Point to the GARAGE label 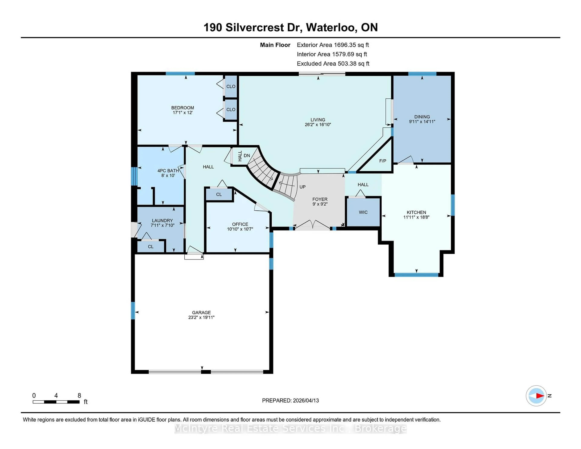201,313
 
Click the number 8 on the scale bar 79,396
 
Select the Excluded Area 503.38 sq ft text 333,64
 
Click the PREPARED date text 290,401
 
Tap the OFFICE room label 240,224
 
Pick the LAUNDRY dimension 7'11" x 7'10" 162,225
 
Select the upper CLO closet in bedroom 231,86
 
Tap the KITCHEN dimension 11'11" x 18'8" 416,217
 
